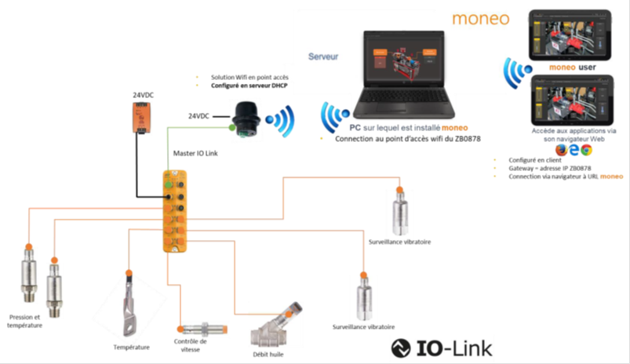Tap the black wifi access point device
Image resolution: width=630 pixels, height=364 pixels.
(x=245, y=118)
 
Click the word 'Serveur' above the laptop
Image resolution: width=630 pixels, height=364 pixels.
(x=323, y=57)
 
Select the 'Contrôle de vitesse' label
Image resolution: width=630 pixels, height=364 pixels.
(x=190, y=345)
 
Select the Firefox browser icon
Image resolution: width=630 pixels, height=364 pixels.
(x=561, y=149)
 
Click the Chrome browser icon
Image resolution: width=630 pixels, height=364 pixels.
(x=588, y=149)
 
